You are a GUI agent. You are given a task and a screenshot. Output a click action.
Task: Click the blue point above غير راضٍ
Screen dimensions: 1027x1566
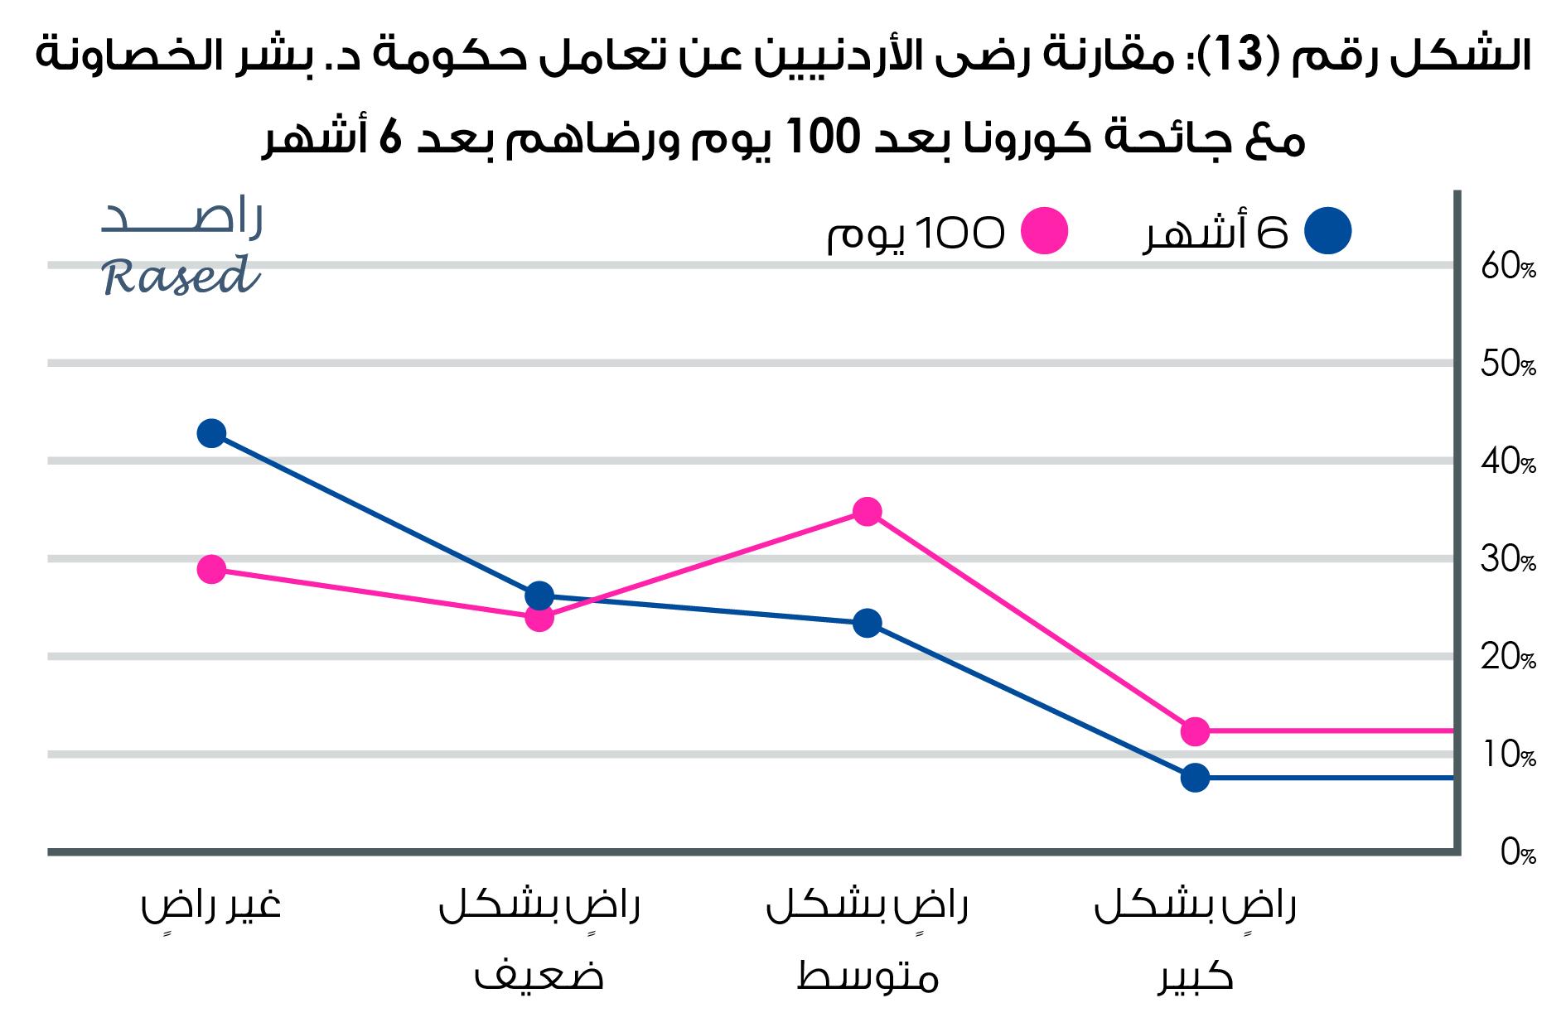point(211,433)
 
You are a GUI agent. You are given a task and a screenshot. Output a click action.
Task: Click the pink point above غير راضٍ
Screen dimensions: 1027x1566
point(211,569)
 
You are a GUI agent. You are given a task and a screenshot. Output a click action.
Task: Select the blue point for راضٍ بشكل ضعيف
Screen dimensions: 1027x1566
point(539,595)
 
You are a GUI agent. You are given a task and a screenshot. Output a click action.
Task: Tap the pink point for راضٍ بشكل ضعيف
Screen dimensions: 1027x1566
point(539,617)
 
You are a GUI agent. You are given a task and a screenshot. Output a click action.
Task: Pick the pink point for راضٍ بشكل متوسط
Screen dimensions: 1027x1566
point(867,512)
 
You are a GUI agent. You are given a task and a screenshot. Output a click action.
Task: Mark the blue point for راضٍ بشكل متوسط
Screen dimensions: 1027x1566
point(867,623)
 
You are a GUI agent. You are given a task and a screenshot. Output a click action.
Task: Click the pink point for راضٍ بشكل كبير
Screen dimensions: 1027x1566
point(1195,731)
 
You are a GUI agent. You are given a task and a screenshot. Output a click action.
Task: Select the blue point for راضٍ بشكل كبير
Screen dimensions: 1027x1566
point(1195,778)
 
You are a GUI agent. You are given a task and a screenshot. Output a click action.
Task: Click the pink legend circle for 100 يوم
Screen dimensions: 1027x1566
point(1044,231)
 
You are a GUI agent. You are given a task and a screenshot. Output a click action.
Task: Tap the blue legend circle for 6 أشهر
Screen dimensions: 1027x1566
point(1327,231)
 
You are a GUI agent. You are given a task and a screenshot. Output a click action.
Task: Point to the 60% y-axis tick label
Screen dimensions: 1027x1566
point(1508,267)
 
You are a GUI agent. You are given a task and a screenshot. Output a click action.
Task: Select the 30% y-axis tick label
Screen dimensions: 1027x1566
point(1508,560)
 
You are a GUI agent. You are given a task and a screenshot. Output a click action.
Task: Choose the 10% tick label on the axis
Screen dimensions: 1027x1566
point(1508,755)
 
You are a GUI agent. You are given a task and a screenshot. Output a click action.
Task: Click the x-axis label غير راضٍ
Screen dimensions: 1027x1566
point(211,904)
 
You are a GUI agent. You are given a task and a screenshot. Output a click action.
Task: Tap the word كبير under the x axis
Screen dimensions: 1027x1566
point(1195,977)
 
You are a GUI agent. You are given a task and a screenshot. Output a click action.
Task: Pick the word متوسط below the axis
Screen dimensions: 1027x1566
point(867,977)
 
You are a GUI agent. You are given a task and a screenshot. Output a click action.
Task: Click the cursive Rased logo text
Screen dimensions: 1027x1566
point(181,276)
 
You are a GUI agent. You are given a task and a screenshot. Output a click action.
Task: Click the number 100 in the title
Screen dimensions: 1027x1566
point(823,137)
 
